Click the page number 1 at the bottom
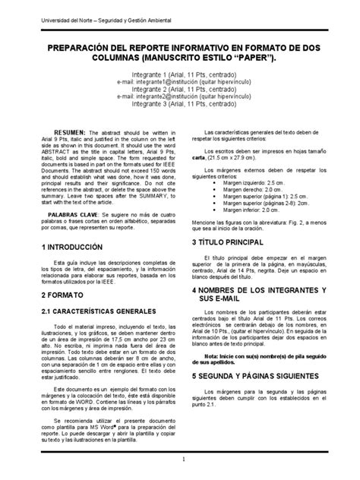(183, 460)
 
